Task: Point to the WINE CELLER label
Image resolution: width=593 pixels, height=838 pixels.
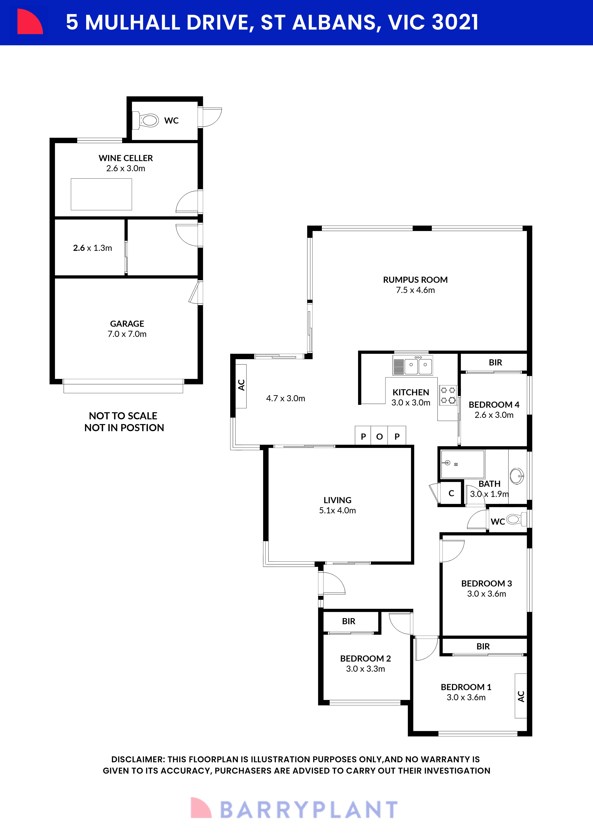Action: point(126,158)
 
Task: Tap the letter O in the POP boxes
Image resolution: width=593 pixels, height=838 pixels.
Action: point(379,437)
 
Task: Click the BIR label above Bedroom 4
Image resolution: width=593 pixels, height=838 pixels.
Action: point(495,362)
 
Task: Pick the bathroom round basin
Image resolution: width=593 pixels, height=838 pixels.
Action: point(517,476)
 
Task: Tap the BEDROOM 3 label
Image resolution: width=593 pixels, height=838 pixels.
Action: point(486,583)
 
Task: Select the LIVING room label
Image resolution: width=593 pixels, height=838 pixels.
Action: point(337,500)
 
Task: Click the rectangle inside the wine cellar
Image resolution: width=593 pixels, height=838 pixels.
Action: point(101,194)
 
